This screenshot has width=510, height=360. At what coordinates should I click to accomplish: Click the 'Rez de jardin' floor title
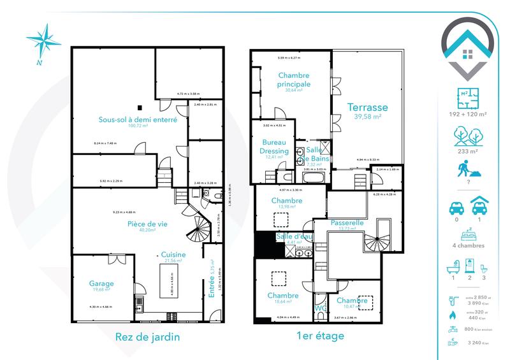(147, 337)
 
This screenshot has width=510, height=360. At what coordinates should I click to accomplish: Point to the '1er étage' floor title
(321, 337)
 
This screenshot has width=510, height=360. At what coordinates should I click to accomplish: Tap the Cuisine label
(173, 254)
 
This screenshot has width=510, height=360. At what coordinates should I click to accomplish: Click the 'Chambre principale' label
(294, 80)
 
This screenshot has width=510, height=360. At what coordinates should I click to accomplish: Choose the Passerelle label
(347, 223)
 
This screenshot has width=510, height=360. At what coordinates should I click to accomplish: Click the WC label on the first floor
(321, 309)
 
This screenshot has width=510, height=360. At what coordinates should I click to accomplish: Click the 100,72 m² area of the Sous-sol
(137, 126)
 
